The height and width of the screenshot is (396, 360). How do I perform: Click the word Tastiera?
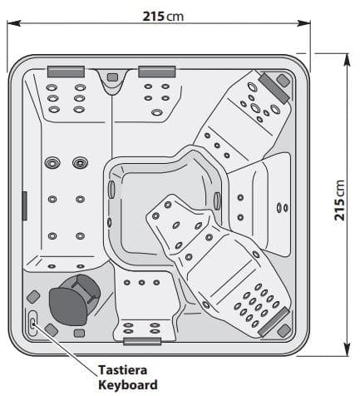pos(123,370)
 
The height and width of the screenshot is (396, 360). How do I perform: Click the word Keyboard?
pos(128,385)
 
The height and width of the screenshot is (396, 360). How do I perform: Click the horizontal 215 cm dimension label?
pos(163,17)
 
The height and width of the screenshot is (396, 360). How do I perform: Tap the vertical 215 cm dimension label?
pos(339,200)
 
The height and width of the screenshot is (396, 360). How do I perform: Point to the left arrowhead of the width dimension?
pos(14,23)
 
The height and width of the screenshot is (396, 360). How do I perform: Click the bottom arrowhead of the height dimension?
pos(347,349)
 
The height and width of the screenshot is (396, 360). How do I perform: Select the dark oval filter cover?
pos(68,306)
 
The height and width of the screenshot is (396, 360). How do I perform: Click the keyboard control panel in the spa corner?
pos(32,323)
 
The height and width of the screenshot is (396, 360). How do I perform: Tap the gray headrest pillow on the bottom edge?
pos(142,341)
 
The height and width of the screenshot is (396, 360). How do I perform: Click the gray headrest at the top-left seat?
pos(66,72)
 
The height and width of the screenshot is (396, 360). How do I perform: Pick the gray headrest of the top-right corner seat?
pos(274,88)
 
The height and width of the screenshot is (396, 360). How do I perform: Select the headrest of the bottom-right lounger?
pos(274,322)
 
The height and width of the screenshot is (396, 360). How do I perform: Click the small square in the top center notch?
pos(112,77)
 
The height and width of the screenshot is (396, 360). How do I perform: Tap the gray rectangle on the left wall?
pos(24,205)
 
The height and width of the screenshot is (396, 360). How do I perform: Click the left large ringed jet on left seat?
pos(52,163)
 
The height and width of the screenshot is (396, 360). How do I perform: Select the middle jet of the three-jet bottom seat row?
pos(141,283)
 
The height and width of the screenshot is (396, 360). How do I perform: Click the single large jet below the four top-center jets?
pos(157,112)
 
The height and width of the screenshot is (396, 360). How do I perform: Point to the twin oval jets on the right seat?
pos(283,208)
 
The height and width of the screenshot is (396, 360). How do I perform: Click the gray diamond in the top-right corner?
pos(283,81)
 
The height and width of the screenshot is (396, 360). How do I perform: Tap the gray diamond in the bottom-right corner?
pos(284,331)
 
